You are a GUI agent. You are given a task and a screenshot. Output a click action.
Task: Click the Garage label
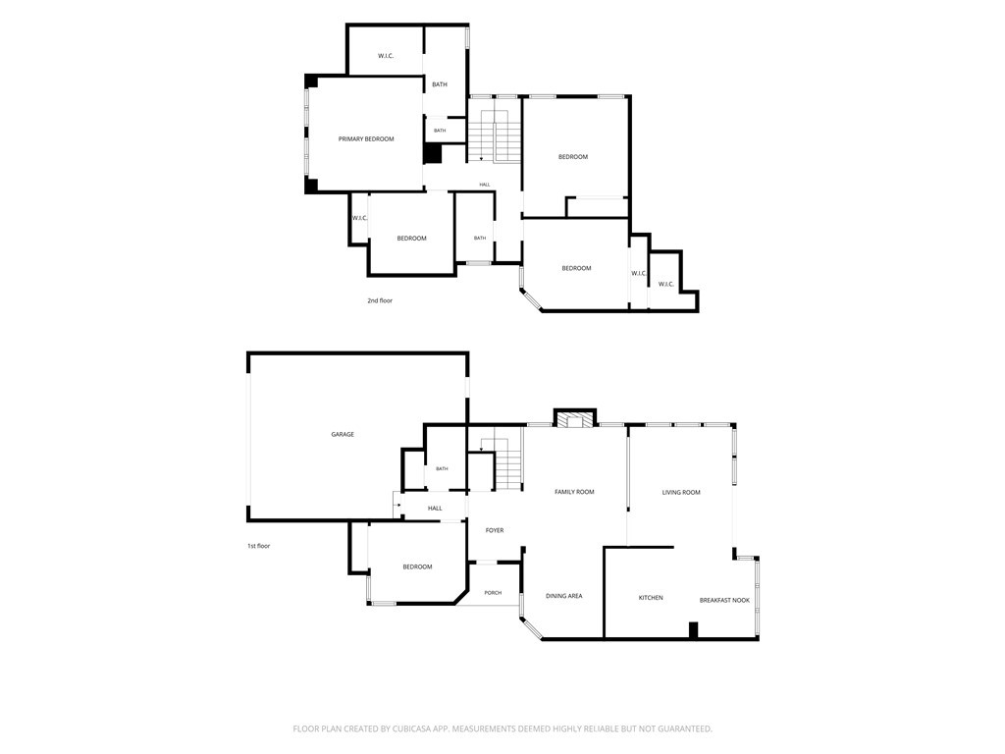coord(343,434)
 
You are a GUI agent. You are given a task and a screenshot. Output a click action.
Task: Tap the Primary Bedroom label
coord(366,139)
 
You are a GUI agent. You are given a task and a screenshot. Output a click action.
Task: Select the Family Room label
coord(574,492)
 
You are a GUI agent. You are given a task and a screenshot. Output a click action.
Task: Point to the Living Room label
coord(681,493)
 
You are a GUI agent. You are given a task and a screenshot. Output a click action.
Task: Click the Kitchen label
coord(651,598)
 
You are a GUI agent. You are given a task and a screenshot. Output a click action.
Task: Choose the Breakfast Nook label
coord(724,600)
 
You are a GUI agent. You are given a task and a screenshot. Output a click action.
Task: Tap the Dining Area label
coord(564,596)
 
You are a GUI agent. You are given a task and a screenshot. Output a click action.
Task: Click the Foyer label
coord(495,530)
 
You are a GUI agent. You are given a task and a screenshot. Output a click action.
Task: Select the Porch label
coord(493,593)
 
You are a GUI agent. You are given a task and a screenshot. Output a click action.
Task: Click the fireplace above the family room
coord(575,417)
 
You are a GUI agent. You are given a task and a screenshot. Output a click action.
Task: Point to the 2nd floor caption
coord(380,300)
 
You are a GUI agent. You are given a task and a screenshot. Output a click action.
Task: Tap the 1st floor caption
coord(259,546)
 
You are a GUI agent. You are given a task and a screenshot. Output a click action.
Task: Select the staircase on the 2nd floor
coord(494,135)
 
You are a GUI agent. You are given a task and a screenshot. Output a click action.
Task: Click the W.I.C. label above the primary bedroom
coord(385,56)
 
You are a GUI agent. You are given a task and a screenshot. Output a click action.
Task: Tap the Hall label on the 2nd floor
coord(485,185)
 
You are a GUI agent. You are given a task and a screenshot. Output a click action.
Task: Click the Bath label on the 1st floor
coord(442,468)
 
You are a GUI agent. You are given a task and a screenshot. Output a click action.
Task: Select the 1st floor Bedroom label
coord(417,566)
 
